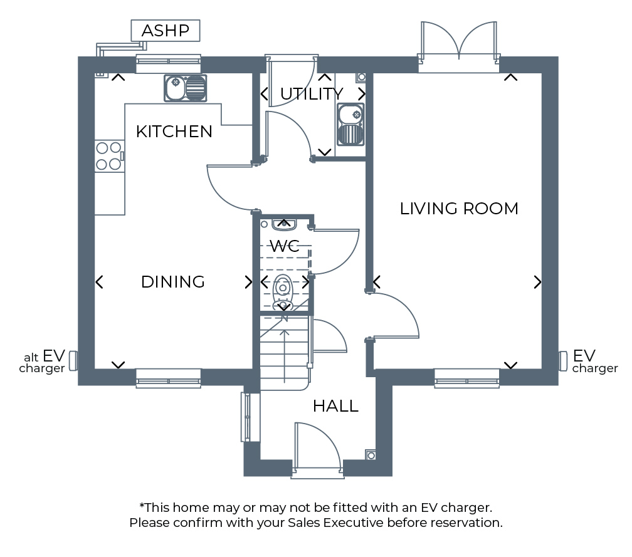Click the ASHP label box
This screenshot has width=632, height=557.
coord(166,31)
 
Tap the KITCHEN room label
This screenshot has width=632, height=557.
coord(174,132)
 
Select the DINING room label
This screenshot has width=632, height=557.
coord(173,282)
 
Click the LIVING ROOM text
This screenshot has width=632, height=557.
coord(459,209)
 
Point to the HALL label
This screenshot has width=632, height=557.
coord(336,406)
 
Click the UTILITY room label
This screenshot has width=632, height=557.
coord(312,94)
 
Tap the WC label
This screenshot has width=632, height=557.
coord(285,246)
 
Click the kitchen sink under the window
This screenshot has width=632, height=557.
coord(186,88)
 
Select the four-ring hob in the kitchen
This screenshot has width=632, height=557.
coord(109,156)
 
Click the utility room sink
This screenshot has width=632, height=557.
coord(350,125)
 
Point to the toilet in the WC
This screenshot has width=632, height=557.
coord(283,291)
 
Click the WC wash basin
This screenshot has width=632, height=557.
coord(285,224)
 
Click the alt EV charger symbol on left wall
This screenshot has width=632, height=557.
coord(73,361)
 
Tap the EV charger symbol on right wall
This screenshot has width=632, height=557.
coord(563,361)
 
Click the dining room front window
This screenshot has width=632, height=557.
coord(169,378)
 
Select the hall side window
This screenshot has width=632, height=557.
coord(246,417)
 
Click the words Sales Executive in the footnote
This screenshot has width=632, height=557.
coord(335,523)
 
